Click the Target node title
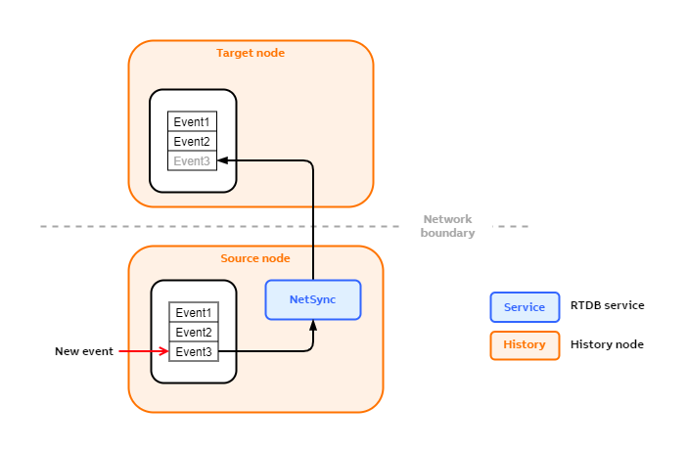tap(251, 53)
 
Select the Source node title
tap(255, 258)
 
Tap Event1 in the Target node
tap(192, 121)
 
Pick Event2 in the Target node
tap(192, 141)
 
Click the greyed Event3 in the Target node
tap(192, 160)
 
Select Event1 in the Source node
tap(194, 312)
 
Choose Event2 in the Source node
tap(194, 332)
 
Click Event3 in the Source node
tap(194, 351)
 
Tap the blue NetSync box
tap(313, 299)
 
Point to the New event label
tap(84, 351)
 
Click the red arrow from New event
tap(143, 351)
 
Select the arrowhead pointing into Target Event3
tap(223, 160)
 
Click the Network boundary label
tap(447, 226)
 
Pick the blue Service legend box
tap(525, 306)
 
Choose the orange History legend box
tap(525, 344)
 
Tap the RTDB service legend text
tap(607, 305)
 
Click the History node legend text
tap(607, 344)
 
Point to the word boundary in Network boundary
tap(447, 233)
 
